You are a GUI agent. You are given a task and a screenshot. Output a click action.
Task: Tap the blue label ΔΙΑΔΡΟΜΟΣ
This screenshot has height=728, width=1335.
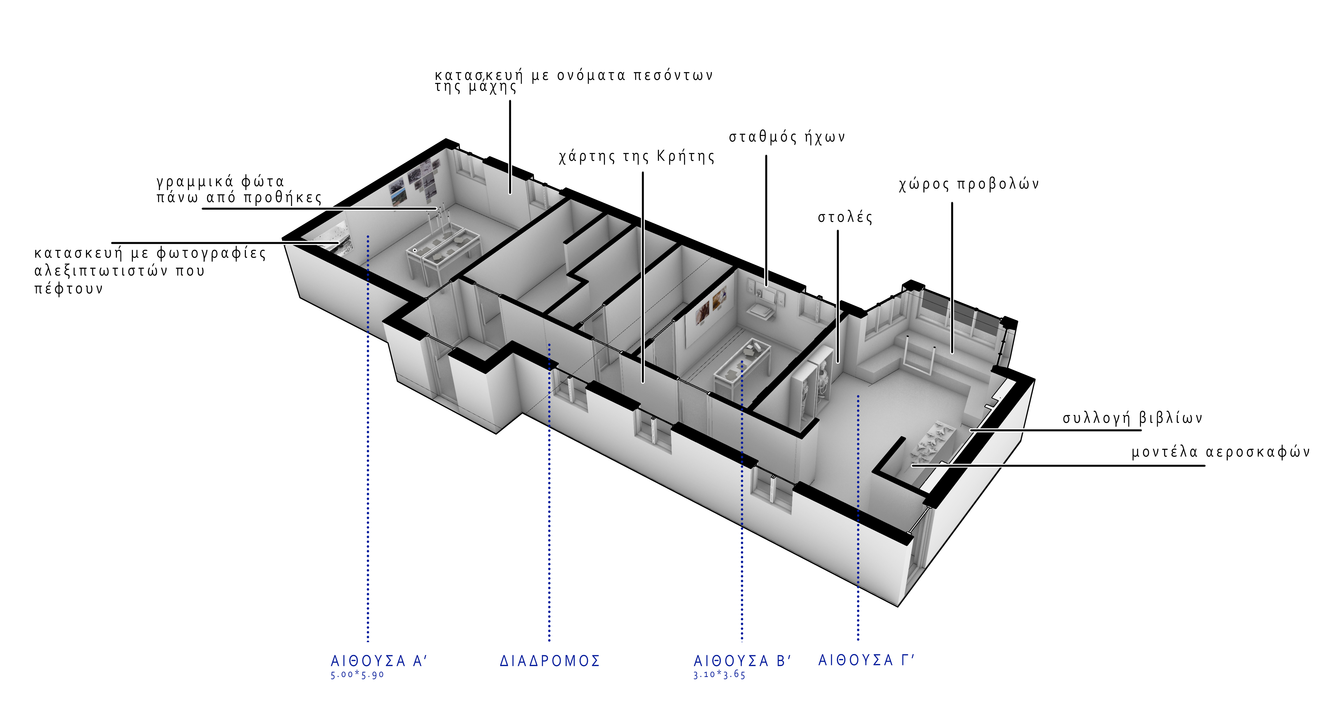pyautogui.click(x=550, y=661)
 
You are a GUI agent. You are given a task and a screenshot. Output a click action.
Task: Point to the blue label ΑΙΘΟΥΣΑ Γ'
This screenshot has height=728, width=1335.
pyautogui.click(x=866, y=660)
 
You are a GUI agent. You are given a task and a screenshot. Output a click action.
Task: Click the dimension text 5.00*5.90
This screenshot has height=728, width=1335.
pyautogui.click(x=357, y=675)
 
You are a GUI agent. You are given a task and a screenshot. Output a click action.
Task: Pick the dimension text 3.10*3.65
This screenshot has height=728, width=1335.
pyautogui.click(x=719, y=675)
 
